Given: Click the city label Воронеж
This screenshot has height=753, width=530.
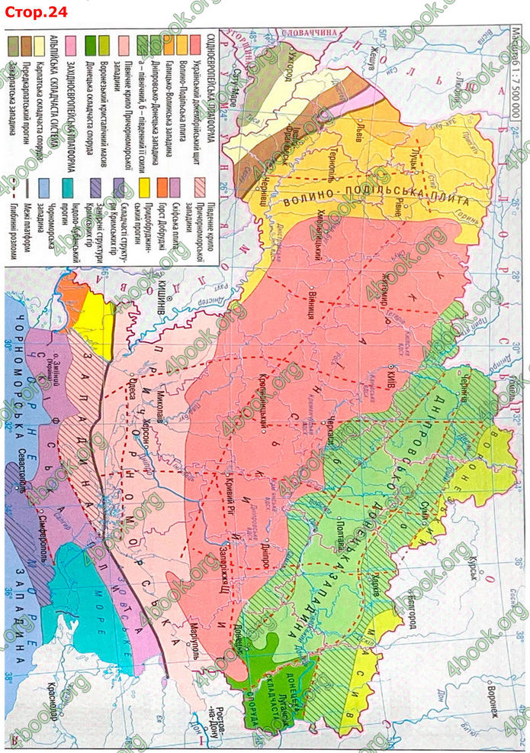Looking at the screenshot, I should (x=495, y=695).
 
